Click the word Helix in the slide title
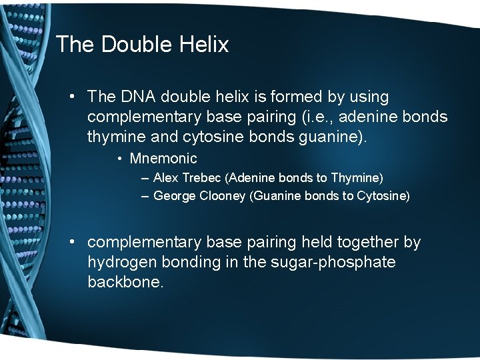pos(204,45)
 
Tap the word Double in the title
pos(137,45)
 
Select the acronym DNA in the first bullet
pos(136,97)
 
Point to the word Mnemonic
pos(163,159)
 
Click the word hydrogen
pos(121,262)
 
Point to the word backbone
pos(125,282)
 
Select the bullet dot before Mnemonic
pos(119,159)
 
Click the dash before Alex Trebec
pos(145,178)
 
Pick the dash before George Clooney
pos(145,196)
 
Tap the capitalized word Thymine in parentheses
pos(357,178)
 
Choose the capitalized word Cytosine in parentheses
pos(384,196)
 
